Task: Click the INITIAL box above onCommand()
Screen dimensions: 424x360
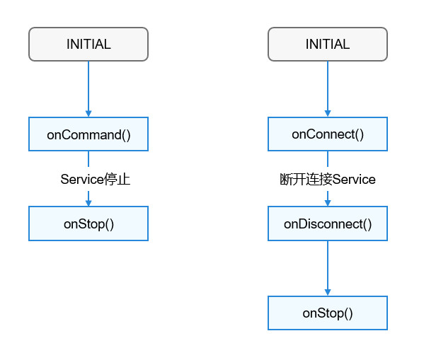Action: click(x=88, y=44)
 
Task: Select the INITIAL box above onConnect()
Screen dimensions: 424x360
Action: click(x=328, y=44)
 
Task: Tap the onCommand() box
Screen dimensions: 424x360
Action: click(x=88, y=134)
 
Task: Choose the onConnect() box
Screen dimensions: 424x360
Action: click(x=328, y=134)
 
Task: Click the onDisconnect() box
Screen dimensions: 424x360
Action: click(x=328, y=223)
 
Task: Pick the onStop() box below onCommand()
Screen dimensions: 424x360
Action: click(x=88, y=223)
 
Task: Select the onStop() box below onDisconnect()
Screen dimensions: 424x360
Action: click(x=328, y=313)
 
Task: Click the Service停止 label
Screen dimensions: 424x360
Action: click(x=96, y=179)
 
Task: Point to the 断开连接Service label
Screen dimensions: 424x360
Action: click(x=328, y=179)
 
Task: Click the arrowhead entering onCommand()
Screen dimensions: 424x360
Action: click(x=88, y=113)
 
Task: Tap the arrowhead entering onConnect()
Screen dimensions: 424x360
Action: click(x=328, y=113)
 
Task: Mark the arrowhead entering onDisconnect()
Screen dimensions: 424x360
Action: click(x=328, y=203)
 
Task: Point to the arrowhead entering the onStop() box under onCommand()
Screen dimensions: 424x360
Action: click(x=88, y=203)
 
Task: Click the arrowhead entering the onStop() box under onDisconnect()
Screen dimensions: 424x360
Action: click(x=328, y=292)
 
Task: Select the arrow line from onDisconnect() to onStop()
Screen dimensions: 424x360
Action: click(x=328, y=268)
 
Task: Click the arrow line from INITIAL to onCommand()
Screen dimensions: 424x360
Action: click(x=88, y=89)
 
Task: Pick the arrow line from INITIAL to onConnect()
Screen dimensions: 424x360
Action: click(x=328, y=89)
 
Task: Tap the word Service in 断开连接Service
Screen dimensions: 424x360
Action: click(x=354, y=179)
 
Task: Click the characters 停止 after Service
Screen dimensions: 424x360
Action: click(x=117, y=179)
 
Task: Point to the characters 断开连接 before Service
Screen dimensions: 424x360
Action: click(x=306, y=179)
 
